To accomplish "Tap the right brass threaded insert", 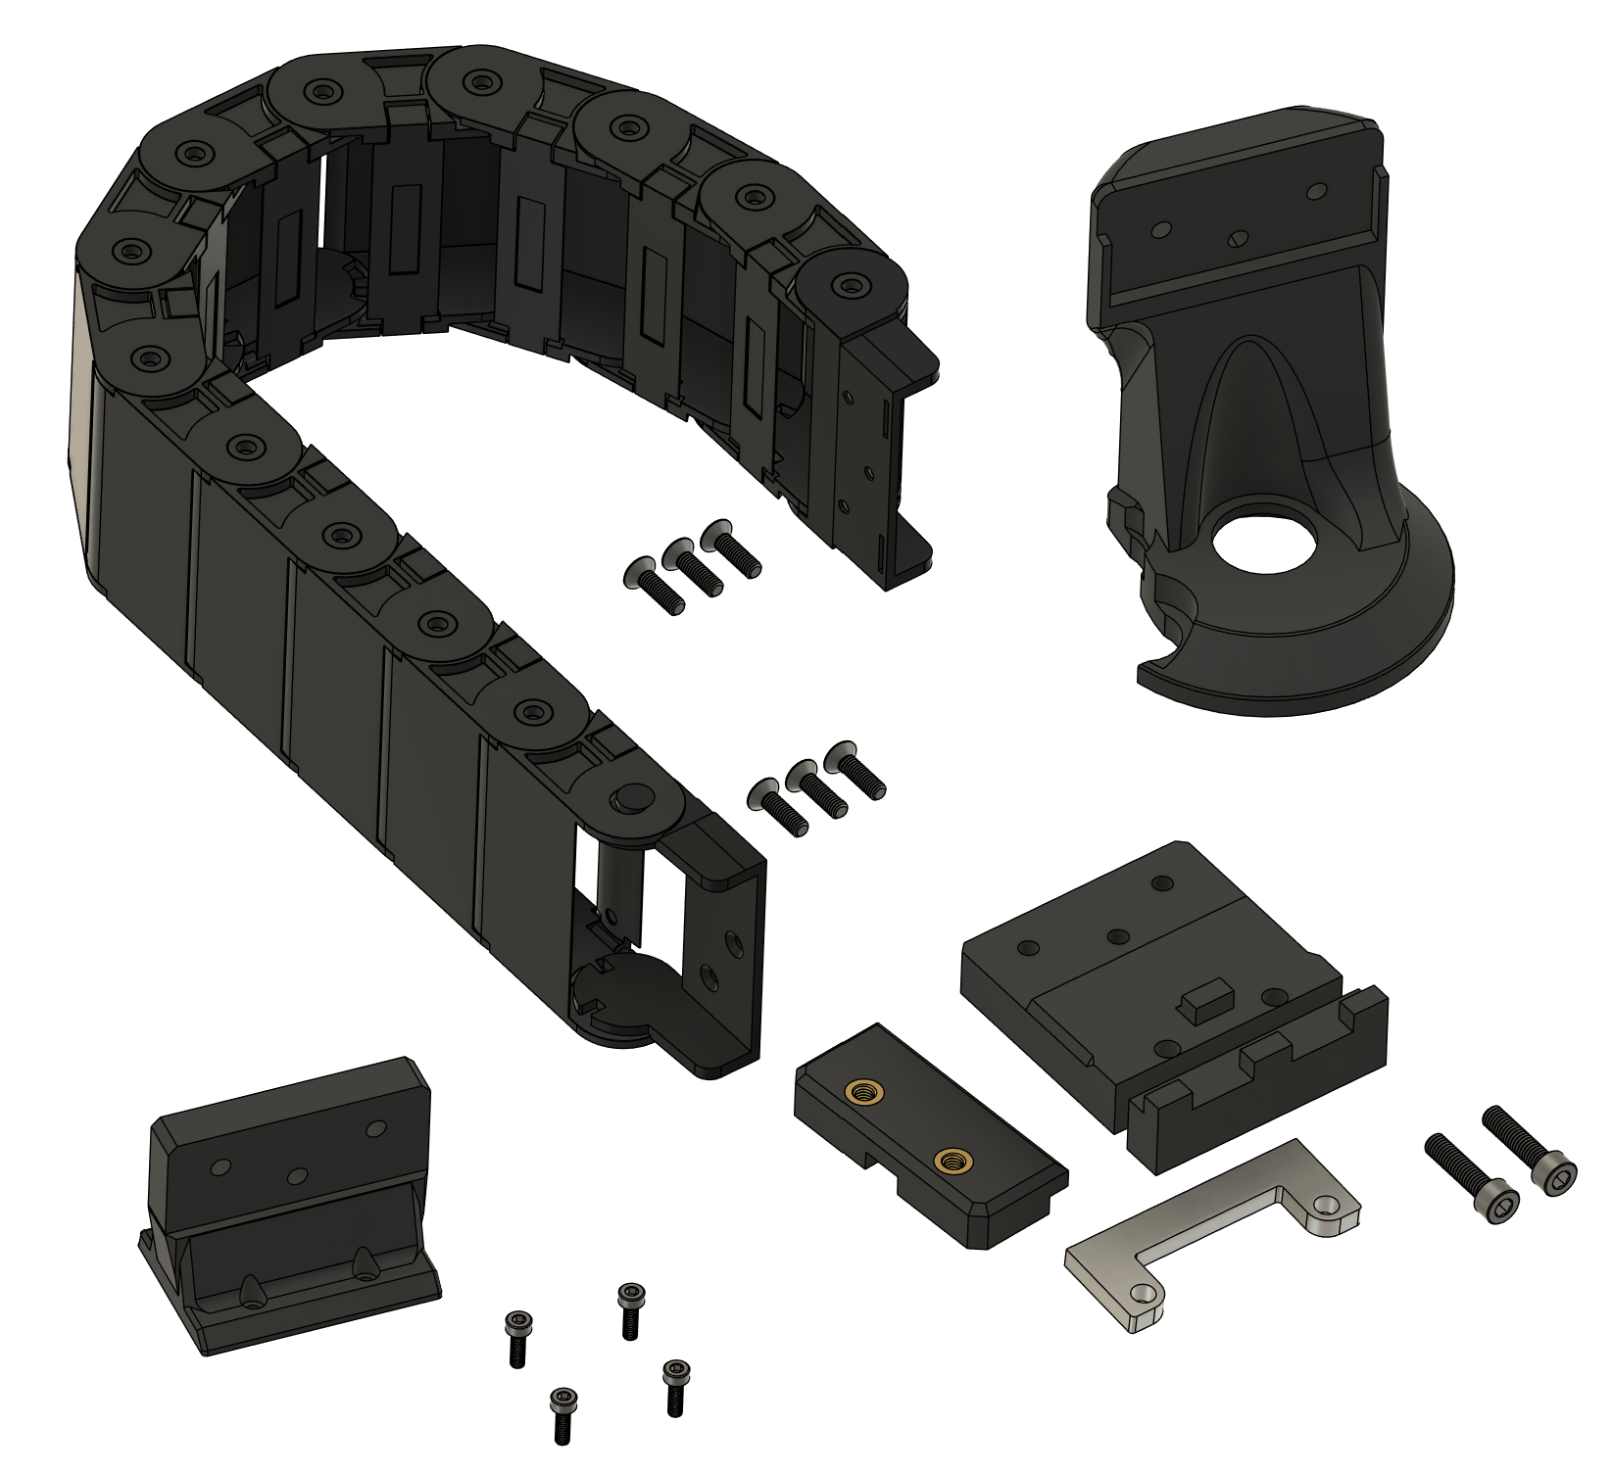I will point(949,1162).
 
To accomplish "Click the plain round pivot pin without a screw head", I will point(633,796).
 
